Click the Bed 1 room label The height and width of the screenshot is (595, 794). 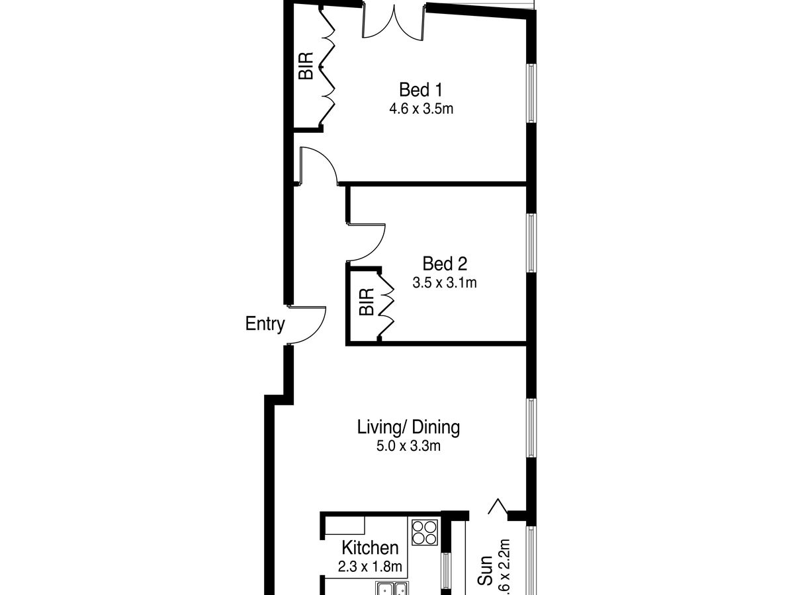tap(420, 89)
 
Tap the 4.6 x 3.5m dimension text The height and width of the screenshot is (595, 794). tap(421, 108)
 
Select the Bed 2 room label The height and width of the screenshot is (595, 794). tap(445, 264)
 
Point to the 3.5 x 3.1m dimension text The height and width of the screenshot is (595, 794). tap(445, 283)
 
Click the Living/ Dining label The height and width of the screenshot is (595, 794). tap(408, 427)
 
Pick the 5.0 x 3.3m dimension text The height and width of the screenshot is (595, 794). tap(408, 446)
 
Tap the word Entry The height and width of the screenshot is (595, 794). tap(265, 325)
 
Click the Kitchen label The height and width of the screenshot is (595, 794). tap(370, 548)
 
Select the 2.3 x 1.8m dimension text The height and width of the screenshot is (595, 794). tap(370, 567)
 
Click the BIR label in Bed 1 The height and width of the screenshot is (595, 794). tap(306, 66)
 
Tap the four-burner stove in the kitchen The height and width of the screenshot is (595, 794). tap(425, 532)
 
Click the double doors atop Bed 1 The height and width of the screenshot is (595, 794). tap(394, 23)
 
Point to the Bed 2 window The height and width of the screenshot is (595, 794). tap(531, 243)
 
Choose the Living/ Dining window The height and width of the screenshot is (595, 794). tap(531, 428)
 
